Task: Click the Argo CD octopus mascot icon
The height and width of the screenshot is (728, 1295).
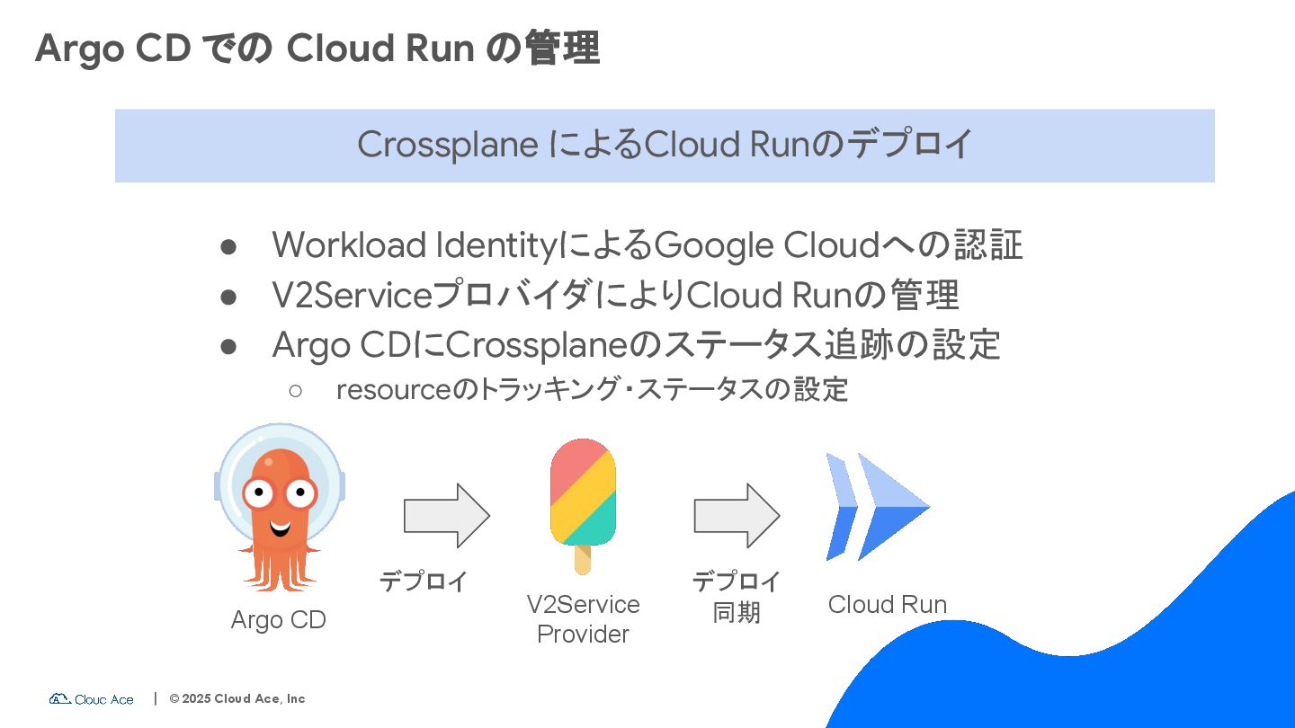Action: (279, 508)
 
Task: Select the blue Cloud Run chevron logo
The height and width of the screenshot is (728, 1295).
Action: (877, 507)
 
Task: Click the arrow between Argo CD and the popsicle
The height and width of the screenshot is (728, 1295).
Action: (446, 516)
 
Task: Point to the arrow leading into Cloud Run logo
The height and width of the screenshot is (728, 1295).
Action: (736, 516)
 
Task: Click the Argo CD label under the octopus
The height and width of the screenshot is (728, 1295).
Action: (278, 620)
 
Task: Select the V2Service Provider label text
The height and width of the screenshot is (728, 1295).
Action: (583, 618)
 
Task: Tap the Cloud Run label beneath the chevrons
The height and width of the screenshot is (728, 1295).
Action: (887, 605)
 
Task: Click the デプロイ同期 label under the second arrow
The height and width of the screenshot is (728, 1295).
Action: (737, 597)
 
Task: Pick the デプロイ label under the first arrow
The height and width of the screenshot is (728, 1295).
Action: (424, 582)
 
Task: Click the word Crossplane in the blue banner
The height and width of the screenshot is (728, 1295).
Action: (447, 145)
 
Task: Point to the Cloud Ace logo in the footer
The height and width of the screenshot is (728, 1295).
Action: (92, 698)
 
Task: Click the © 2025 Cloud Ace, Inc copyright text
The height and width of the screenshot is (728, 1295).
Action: (237, 698)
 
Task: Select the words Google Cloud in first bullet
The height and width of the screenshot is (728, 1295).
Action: (764, 245)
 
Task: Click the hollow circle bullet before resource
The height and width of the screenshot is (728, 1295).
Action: (296, 390)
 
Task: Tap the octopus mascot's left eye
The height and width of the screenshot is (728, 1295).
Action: (258, 492)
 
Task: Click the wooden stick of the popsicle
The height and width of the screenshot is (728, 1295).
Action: (583, 559)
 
